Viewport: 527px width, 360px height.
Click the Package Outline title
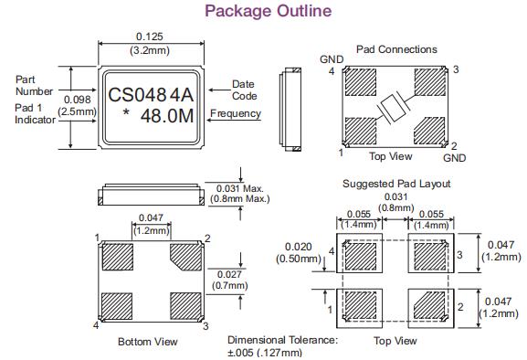coord(269,11)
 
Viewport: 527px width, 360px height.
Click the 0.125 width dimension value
coord(150,37)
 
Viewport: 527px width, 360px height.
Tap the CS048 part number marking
coord(137,95)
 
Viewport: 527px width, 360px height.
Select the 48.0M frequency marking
coord(167,116)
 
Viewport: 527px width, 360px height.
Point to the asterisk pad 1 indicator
coord(126,112)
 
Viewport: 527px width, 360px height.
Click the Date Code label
coord(245,90)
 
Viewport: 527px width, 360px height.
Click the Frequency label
coord(236,113)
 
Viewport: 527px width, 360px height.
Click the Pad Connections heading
coord(396,49)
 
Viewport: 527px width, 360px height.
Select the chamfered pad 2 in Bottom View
coord(185,257)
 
